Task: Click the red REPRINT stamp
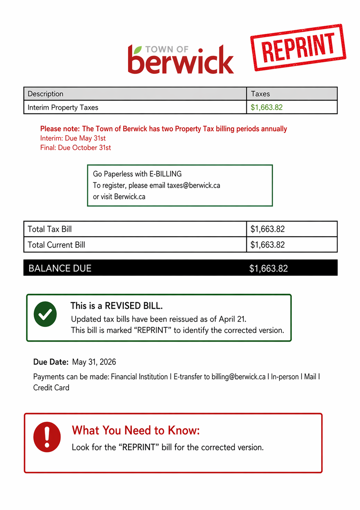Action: click(x=298, y=48)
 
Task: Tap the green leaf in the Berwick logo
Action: click(x=137, y=50)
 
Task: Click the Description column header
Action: click(x=45, y=94)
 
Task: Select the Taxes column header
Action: click(x=260, y=94)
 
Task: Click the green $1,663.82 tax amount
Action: click(x=266, y=107)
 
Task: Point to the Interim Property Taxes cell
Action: click(x=63, y=107)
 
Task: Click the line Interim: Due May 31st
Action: click(x=73, y=138)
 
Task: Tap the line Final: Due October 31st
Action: click(x=75, y=148)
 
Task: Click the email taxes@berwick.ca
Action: click(x=193, y=185)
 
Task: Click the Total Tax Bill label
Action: click(x=50, y=229)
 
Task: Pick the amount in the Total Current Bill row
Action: click(x=267, y=245)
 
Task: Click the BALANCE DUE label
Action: click(x=60, y=268)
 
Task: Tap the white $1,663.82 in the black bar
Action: click(x=268, y=268)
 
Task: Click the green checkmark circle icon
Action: click(x=45, y=314)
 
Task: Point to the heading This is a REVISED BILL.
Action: click(x=116, y=306)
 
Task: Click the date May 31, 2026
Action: click(x=94, y=362)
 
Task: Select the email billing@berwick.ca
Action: click(x=238, y=377)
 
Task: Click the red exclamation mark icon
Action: click(x=47, y=437)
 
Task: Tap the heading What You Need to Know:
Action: click(x=136, y=430)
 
